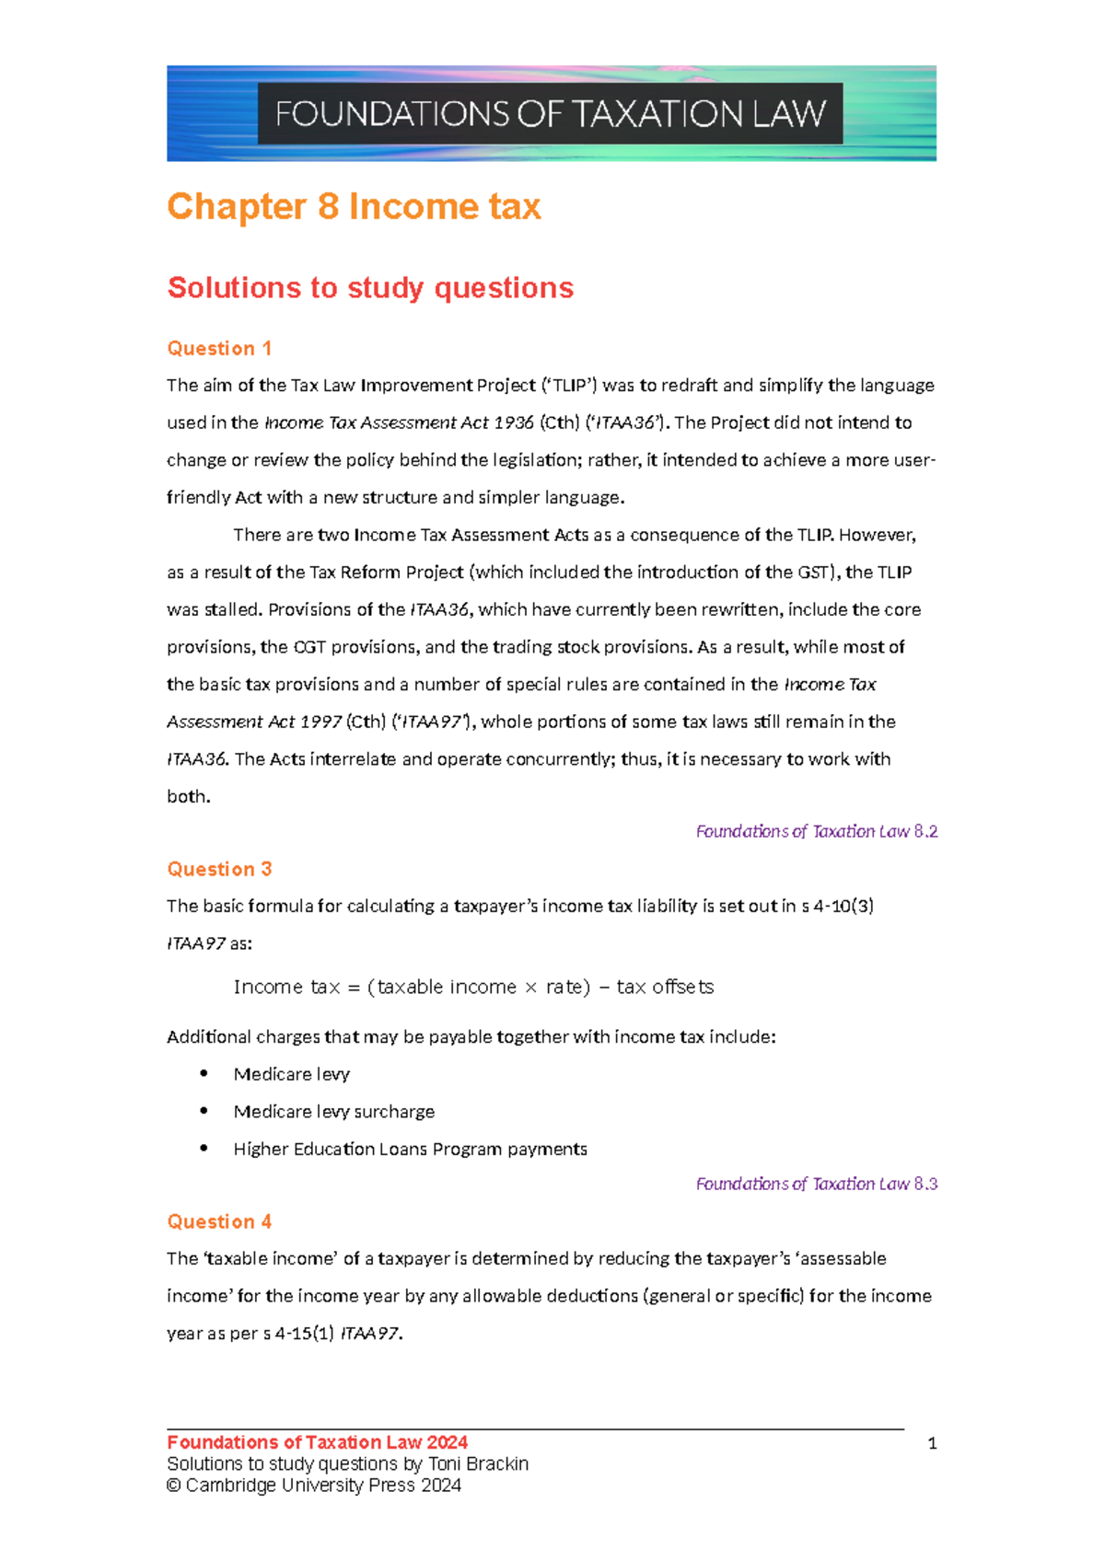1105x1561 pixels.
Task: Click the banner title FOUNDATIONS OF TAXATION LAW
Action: (x=550, y=114)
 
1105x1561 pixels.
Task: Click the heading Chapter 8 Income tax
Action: (x=354, y=206)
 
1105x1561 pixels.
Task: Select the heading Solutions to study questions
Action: (x=370, y=288)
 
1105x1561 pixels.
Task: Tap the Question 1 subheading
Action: (x=219, y=349)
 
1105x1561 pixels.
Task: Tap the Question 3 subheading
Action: (x=219, y=870)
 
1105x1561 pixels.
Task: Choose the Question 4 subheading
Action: (x=219, y=1222)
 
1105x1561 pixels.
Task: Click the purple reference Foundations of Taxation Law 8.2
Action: (x=816, y=832)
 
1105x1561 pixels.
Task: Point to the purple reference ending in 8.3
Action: (x=816, y=1185)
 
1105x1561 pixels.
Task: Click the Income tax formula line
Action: (x=473, y=988)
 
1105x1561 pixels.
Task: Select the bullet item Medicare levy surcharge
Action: (x=333, y=1112)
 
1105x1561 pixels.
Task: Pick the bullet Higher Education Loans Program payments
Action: (x=410, y=1150)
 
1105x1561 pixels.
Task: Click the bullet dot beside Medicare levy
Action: (x=204, y=1074)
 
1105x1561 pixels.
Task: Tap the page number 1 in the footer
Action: (x=932, y=1444)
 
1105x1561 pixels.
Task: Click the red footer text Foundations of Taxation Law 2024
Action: (x=317, y=1443)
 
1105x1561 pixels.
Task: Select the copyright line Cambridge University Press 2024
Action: (x=322, y=1486)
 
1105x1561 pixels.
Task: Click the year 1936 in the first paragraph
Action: (x=513, y=423)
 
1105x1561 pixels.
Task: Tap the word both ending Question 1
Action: (x=188, y=797)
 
